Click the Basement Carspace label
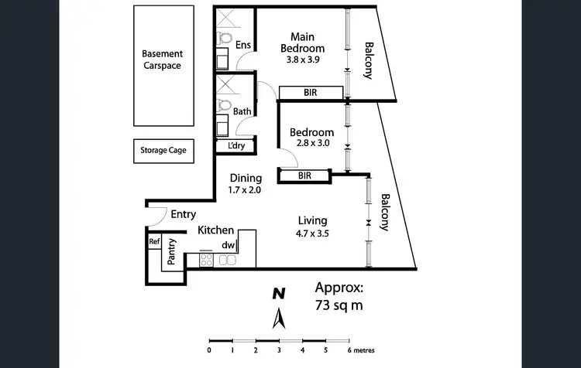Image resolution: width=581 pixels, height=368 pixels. (163, 60)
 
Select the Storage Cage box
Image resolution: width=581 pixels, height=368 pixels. (163, 150)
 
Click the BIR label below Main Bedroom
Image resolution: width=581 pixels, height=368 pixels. (311, 94)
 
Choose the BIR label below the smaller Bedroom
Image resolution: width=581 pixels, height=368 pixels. (304, 176)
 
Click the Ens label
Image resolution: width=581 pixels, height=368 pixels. (242, 45)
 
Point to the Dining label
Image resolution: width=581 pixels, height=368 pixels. (245, 178)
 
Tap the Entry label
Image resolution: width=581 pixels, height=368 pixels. (184, 215)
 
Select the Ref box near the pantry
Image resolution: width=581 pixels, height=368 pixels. (154, 242)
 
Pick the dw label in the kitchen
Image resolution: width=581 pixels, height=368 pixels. (229, 245)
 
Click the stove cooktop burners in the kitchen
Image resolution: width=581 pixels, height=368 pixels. (207, 261)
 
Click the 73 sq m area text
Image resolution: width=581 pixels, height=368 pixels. (339, 305)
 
